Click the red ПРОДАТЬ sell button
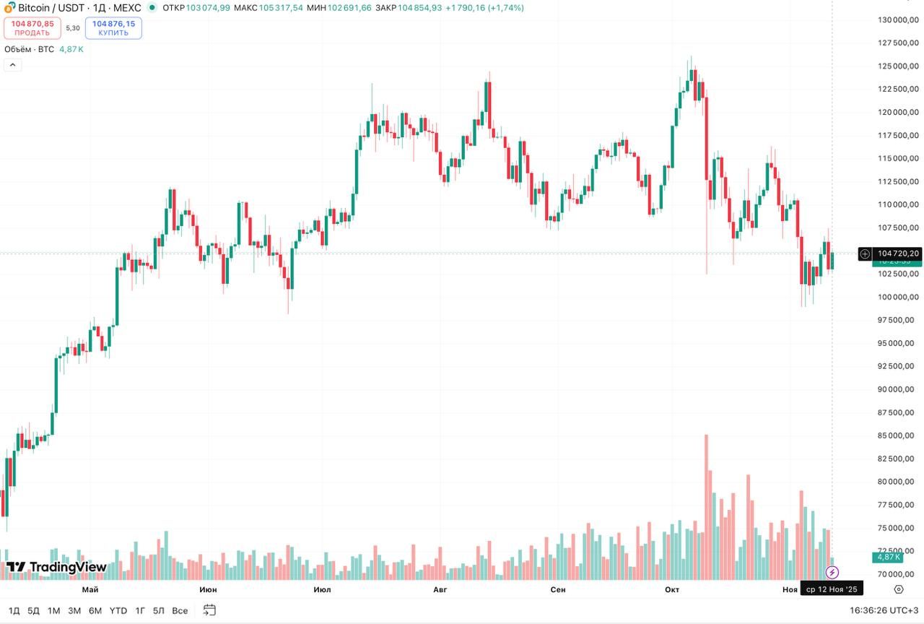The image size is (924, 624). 32,28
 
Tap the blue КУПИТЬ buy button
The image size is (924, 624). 113,28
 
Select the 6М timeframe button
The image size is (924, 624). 95,610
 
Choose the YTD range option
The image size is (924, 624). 118,610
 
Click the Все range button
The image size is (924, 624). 180,610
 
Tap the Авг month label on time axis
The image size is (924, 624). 440,590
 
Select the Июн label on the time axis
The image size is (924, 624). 208,590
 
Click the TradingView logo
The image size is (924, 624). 57,568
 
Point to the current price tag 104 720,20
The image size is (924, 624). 898,253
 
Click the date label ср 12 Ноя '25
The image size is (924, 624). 832,590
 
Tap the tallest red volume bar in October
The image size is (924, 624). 706,506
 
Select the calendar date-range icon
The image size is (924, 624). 209,610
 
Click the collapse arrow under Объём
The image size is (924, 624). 13,65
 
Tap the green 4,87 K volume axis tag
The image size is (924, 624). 888,558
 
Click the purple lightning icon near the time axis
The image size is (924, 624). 832,573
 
